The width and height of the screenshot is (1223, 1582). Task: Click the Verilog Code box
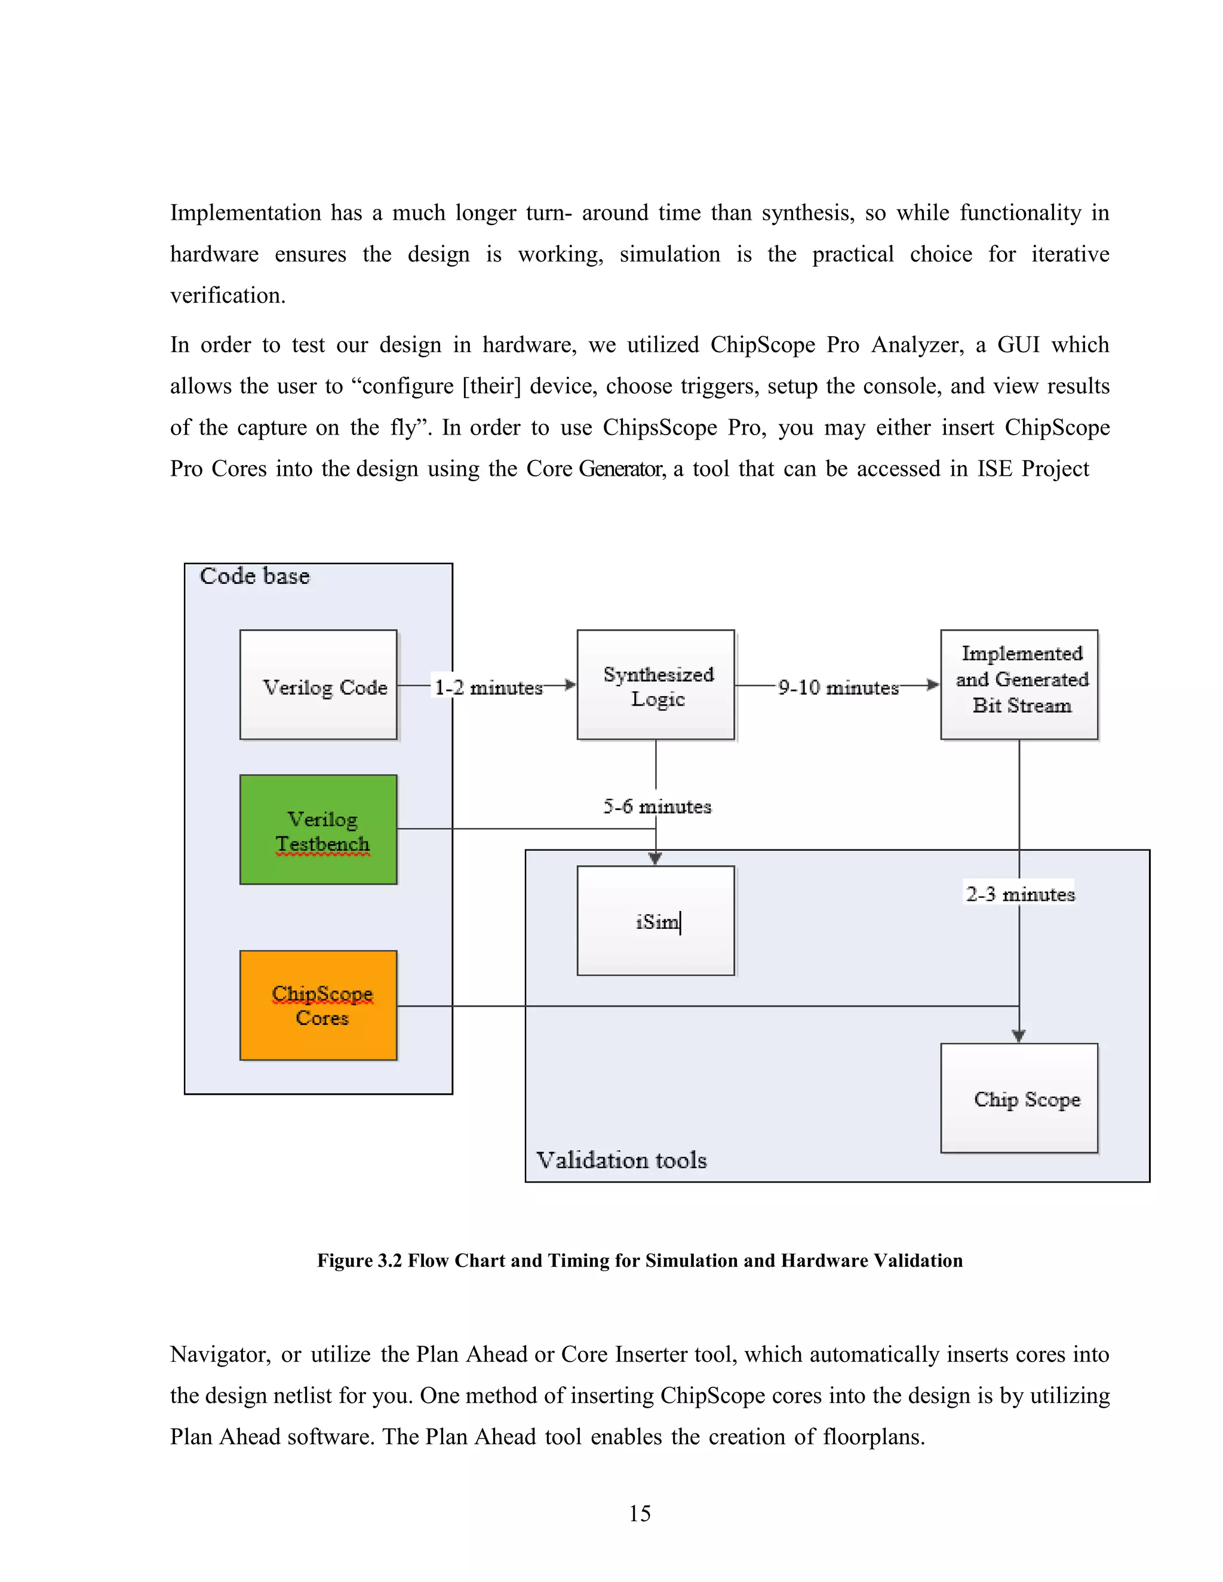(x=319, y=685)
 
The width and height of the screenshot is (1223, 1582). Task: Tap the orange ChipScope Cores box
(x=319, y=1005)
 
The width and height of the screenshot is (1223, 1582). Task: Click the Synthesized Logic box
(x=656, y=685)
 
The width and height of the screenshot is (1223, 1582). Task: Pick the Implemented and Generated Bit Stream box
(x=1019, y=685)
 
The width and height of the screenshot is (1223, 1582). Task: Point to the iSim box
(x=656, y=921)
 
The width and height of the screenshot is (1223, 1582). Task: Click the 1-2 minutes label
(x=488, y=687)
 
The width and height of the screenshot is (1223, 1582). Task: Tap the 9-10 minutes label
(x=838, y=687)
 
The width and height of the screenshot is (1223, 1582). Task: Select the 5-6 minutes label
(x=657, y=806)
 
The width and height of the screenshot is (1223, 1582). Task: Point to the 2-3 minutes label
(x=1020, y=894)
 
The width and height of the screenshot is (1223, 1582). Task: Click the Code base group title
(x=255, y=576)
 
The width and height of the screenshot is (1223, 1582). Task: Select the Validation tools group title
(x=622, y=1160)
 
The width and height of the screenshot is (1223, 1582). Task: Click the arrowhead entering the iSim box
(x=656, y=858)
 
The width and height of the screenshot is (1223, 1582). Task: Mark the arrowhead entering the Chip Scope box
(x=1019, y=1036)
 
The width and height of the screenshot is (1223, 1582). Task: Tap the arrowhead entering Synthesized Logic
(x=570, y=685)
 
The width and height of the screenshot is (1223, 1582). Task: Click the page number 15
(x=640, y=1513)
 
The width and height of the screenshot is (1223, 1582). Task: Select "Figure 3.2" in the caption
(x=359, y=1260)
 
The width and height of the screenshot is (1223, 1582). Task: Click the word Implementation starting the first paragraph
(x=245, y=213)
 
